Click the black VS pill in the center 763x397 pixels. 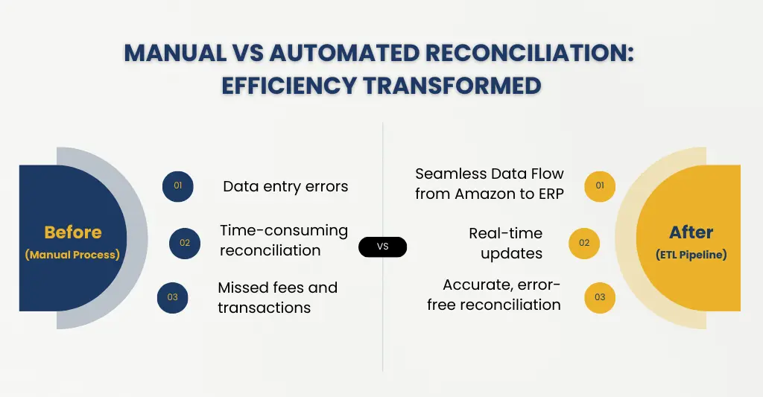coord(382,247)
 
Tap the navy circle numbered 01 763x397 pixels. coord(178,186)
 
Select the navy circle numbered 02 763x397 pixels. coord(185,243)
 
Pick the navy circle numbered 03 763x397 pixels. coord(173,297)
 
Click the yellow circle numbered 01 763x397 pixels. coord(600,186)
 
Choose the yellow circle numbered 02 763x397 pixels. coord(584,243)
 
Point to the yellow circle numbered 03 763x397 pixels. coord(600,297)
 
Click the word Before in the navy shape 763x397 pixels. coord(73,232)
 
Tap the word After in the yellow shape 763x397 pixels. coord(691,232)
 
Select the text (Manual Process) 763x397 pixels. coord(72,255)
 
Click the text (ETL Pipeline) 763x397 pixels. coord(691,255)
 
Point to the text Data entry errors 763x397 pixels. coord(285,186)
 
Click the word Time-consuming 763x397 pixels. coord(284,230)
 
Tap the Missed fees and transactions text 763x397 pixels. coord(277,297)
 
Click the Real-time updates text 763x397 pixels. coord(506,243)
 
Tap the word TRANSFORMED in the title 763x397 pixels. coord(452,85)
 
